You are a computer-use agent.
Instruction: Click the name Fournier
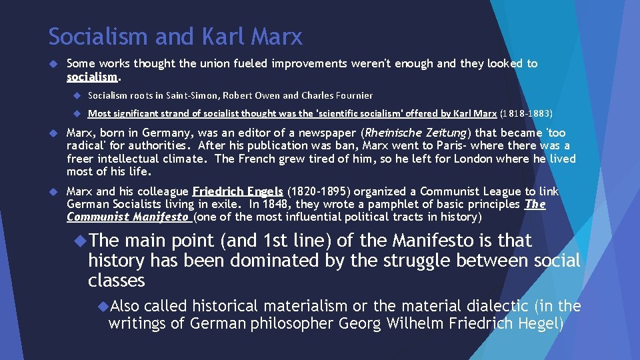click(x=350, y=95)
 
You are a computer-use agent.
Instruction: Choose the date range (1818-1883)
click(x=526, y=113)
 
